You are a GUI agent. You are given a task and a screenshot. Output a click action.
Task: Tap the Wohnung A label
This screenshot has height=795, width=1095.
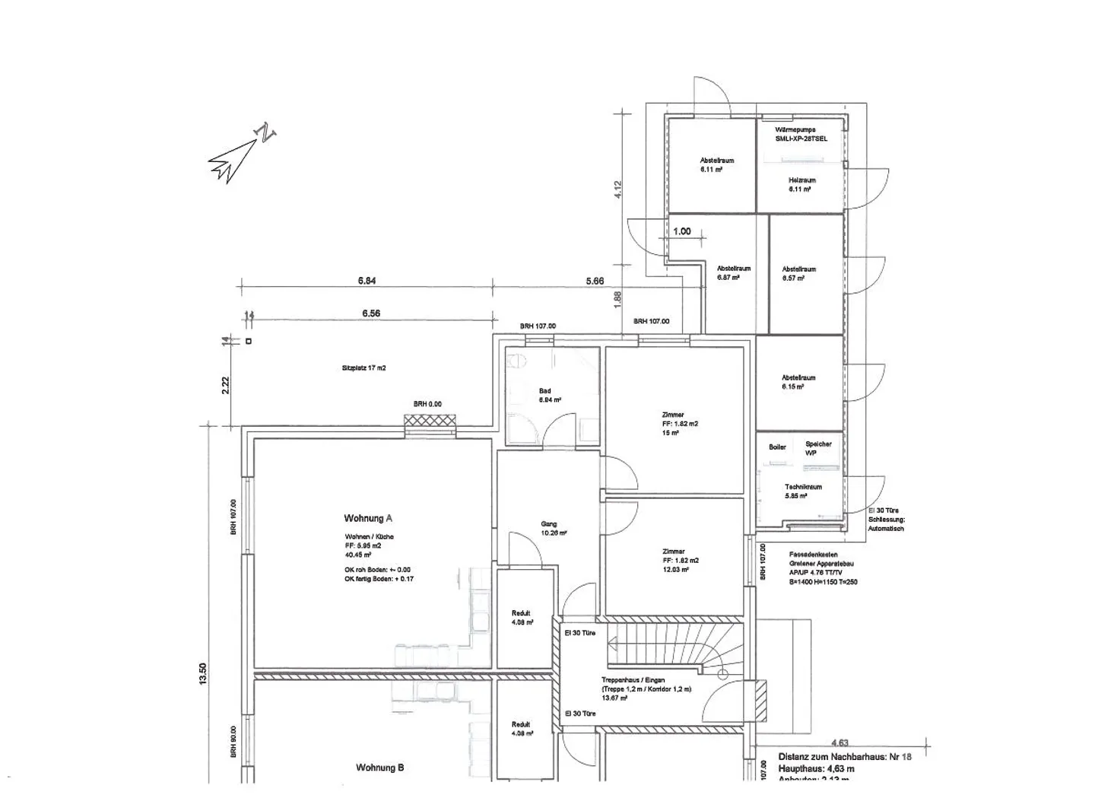pos(368,518)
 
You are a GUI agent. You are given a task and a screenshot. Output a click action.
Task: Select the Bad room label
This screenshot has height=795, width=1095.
pos(545,391)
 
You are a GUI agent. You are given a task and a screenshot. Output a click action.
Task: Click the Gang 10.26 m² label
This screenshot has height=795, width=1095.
pos(549,524)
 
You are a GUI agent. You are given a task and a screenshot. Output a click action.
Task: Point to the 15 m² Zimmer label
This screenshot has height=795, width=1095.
pos(673,415)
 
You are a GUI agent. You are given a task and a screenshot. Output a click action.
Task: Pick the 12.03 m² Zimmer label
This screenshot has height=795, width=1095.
pos(674,552)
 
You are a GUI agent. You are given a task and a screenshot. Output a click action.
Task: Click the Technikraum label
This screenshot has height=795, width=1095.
pos(803,487)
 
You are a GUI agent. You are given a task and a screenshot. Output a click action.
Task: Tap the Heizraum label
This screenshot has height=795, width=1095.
pos(801,180)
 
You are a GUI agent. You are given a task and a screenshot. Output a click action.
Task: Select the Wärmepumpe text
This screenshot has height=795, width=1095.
pos(795,130)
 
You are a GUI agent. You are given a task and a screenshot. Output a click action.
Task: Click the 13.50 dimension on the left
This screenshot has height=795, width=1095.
pos(202,673)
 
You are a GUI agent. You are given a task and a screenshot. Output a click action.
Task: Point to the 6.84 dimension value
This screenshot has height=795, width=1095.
pos(367,281)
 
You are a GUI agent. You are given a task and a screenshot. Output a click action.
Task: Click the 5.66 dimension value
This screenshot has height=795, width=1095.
pos(595,281)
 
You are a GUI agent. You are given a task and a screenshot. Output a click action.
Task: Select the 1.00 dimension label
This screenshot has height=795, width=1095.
pos(682,231)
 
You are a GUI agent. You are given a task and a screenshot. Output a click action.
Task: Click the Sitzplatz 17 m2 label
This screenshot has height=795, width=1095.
pos(363,367)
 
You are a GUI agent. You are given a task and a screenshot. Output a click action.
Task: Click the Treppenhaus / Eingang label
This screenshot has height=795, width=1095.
pos(633,680)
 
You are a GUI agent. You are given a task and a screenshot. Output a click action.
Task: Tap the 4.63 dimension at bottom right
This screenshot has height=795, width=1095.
pos(839,743)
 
